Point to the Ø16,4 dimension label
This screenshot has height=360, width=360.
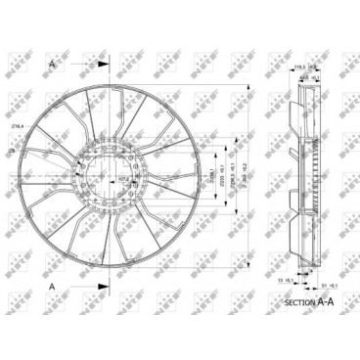[x=17, y=126]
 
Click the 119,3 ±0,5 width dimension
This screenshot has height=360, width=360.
[x=298, y=67]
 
